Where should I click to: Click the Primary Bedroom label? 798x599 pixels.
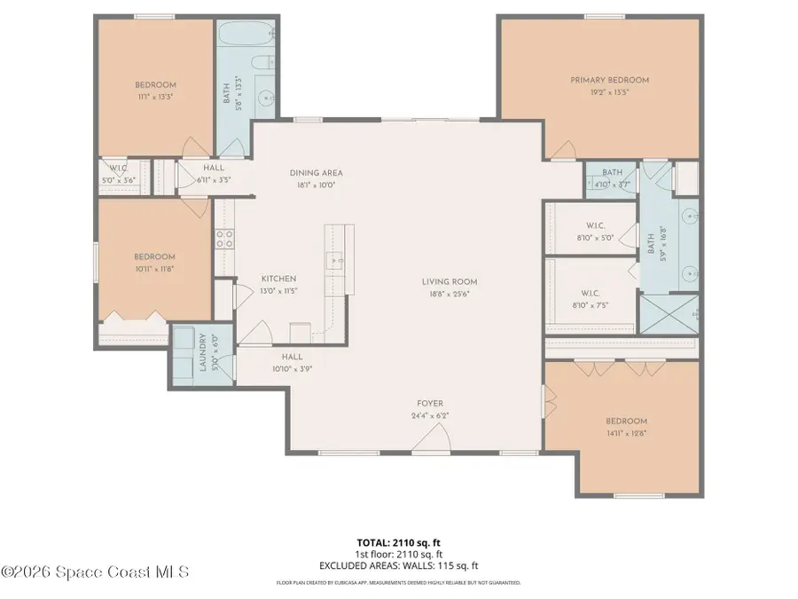[609, 80]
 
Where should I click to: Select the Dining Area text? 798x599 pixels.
[316, 173]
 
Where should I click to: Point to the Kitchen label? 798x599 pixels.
[278, 279]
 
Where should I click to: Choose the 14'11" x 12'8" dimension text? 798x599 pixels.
[626, 433]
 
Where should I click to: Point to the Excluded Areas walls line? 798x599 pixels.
[398, 564]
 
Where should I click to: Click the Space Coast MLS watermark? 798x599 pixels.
[95, 572]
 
